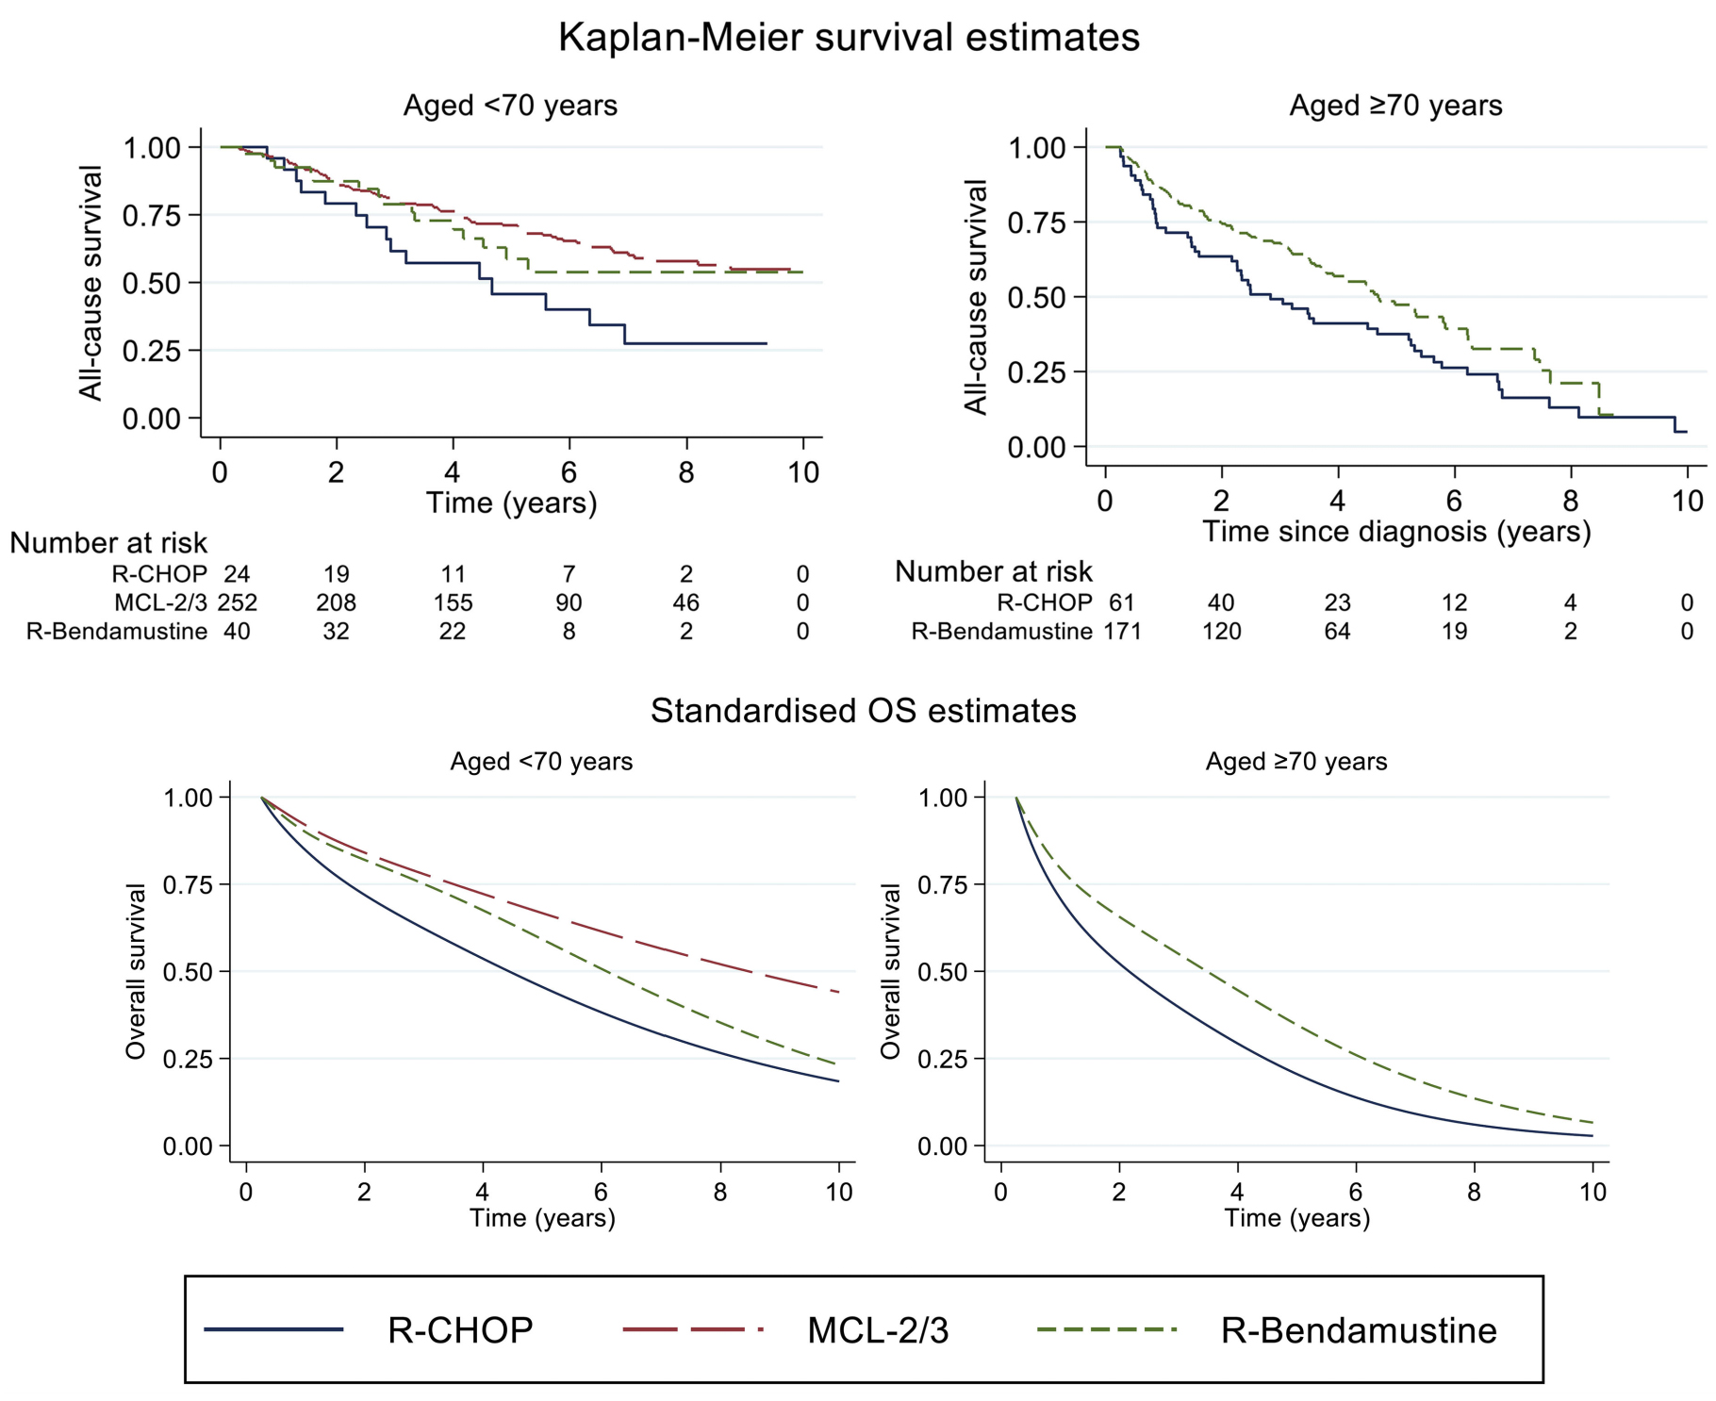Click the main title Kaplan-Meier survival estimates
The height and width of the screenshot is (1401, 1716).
(849, 38)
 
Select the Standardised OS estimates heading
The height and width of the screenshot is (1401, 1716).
(863, 710)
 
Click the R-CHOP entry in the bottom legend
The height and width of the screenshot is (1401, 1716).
(460, 1330)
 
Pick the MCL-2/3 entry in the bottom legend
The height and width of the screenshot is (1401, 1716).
(878, 1330)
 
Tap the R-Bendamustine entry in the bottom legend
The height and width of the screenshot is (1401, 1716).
(1359, 1330)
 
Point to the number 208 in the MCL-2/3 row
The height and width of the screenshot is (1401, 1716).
(336, 602)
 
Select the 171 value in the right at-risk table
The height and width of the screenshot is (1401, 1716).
(1122, 631)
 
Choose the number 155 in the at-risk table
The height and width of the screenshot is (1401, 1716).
(453, 602)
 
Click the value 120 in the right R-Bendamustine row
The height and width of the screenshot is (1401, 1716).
(1221, 631)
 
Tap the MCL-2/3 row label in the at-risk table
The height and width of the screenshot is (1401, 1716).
(160, 602)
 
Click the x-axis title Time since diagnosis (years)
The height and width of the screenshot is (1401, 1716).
(1396, 532)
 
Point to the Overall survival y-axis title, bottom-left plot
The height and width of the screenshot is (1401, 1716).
(137, 971)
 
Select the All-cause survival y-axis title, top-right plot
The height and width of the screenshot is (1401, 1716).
(976, 297)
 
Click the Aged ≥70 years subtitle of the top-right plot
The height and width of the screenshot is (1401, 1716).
(1395, 106)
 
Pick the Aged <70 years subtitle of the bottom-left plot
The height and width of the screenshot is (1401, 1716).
(541, 762)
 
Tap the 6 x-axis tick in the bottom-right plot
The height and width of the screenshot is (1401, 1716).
(1356, 1192)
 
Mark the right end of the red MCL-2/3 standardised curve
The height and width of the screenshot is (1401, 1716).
(837, 992)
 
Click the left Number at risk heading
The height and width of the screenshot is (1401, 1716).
(108, 543)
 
